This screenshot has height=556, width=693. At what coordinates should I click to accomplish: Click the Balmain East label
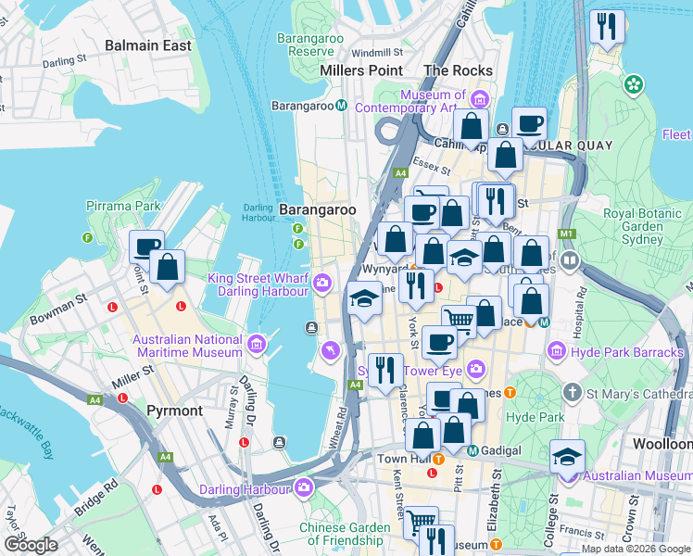pos(148,45)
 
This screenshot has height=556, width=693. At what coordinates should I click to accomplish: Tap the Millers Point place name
pos(360,70)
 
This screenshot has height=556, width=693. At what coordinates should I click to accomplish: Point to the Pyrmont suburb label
pos(174,410)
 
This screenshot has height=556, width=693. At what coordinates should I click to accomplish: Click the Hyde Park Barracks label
pos(628,352)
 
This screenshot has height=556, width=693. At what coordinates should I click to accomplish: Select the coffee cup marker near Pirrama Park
pos(146,246)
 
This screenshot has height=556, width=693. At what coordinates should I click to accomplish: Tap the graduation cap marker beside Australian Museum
pos(567,456)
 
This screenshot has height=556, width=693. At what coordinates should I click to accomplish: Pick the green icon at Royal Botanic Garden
pos(635,85)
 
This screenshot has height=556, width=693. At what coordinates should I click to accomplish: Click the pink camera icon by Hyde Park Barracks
pos(557,352)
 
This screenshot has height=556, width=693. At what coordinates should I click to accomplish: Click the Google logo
pos(31,545)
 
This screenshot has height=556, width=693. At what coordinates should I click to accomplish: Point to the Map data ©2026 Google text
pos(636,549)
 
